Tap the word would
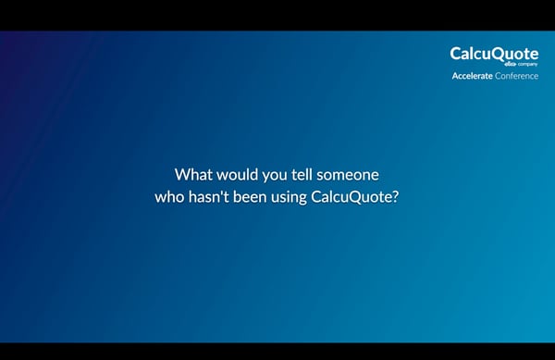point(237,174)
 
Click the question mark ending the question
point(395,197)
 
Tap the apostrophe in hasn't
point(220,192)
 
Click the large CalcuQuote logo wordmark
point(494,54)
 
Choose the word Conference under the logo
point(516,76)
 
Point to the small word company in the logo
point(527,64)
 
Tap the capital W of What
point(182,174)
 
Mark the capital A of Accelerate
point(454,76)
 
